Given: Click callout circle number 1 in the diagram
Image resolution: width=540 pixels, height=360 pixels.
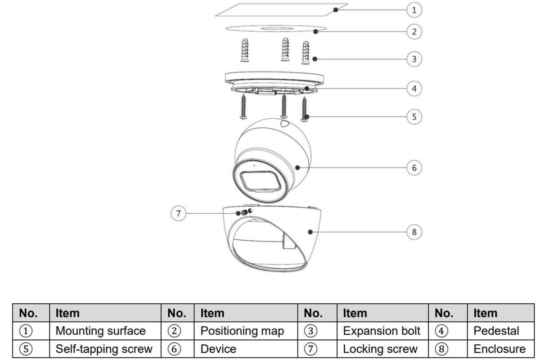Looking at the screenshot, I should (414, 9).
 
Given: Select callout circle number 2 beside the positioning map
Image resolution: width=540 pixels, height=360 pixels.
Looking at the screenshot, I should (414, 31).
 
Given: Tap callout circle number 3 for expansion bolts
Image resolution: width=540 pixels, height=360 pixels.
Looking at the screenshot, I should (414, 59).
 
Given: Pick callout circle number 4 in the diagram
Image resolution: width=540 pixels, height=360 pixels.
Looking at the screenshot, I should (414, 88).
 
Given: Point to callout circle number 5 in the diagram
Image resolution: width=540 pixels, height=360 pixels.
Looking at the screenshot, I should (414, 117).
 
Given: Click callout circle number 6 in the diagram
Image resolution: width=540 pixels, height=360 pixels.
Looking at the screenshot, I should (414, 168).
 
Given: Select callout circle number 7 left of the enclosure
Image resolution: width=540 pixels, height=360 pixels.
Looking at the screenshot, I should (179, 213).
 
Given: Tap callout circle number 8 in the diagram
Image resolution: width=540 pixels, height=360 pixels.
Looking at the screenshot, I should (414, 232).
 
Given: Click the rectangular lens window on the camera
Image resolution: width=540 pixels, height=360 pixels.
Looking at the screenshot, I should (261, 181).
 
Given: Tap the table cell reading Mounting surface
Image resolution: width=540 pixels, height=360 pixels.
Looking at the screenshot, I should (100, 331).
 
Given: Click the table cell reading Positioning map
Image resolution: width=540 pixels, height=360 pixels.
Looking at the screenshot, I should (242, 331).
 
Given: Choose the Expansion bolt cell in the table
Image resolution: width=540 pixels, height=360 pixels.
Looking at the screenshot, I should (382, 331).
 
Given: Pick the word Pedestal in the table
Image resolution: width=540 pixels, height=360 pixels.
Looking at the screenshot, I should (496, 331).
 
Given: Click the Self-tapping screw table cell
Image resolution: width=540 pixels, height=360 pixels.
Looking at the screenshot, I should (104, 349).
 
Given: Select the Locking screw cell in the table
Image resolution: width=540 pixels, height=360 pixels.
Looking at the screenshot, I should (380, 349).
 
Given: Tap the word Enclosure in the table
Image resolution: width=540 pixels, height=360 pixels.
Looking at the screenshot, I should (499, 349).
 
